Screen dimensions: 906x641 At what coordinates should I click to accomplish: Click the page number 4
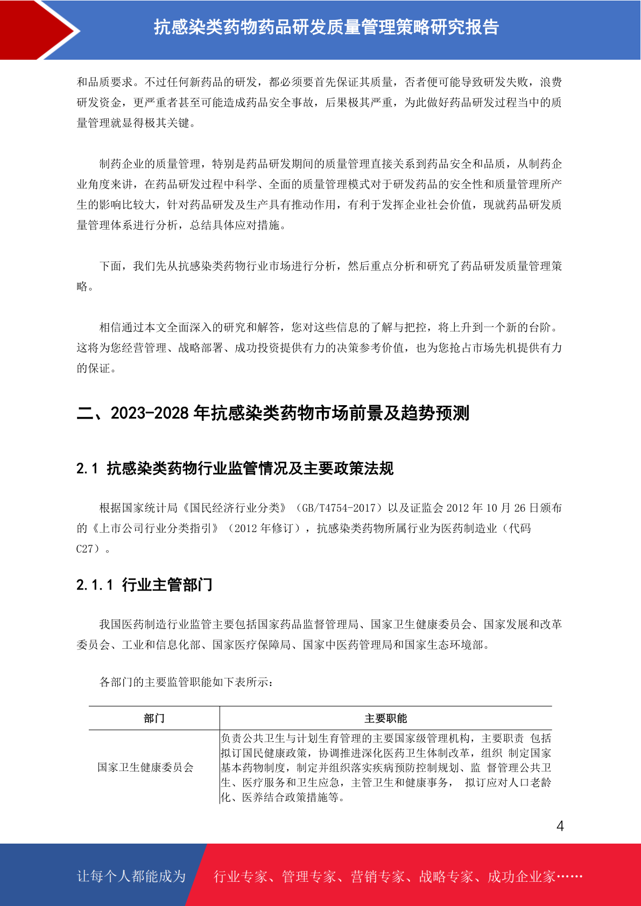(x=560, y=826)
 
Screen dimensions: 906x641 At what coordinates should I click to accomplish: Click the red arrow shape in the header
(x=32, y=30)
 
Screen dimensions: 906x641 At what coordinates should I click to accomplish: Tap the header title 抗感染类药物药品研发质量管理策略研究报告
(x=326, y=27)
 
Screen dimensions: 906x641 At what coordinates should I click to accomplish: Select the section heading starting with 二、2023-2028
(x=273, y=413)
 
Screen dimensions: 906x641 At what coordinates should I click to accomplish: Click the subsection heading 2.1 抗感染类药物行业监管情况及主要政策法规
(x=235, y=469)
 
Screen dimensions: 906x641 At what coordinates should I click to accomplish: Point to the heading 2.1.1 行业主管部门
(x=144, y=585)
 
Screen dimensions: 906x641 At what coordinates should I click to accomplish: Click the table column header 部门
(x=154, y=718)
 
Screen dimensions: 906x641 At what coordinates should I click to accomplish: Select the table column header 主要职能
(x=385, y=718)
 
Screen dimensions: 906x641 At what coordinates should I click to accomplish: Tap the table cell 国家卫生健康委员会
(x=145, y=767)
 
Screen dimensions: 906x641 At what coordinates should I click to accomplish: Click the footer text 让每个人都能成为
(x=131, y=876)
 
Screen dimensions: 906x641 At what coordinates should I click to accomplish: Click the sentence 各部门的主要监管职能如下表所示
(x=186, y=682)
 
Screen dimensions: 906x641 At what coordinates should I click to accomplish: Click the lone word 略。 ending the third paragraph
(x=85, y=287)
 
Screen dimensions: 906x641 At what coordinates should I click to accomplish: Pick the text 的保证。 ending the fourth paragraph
(x=96, y=369)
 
